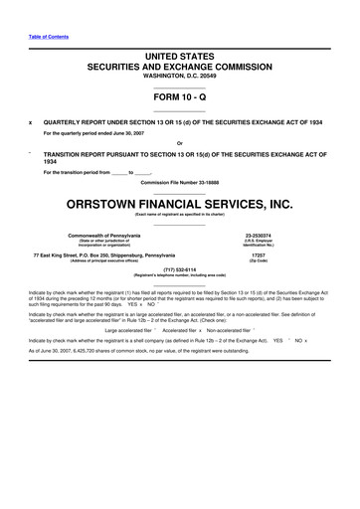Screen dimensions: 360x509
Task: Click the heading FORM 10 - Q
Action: (179, 97)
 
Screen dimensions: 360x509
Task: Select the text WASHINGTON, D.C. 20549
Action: (179, 76)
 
